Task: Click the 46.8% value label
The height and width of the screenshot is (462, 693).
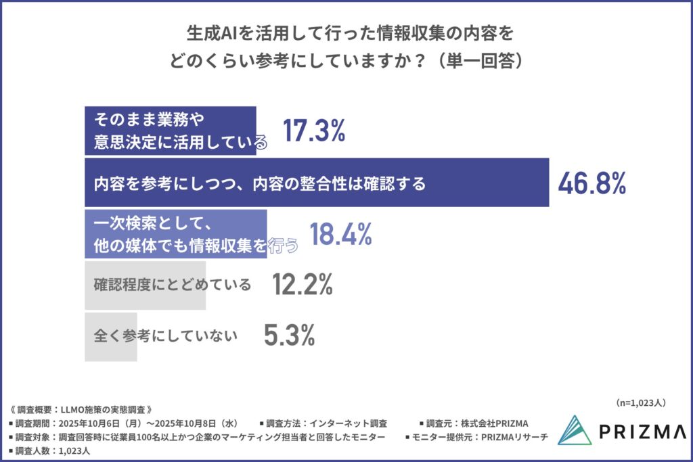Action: point(591,183)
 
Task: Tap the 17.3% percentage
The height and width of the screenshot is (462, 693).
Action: point(313,131)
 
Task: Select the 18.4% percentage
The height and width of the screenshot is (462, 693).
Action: point(341,234)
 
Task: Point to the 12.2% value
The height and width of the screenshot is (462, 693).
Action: point(302,285)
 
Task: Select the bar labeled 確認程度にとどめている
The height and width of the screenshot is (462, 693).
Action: point(145,285)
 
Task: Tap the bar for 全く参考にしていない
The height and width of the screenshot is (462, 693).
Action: point(111,336)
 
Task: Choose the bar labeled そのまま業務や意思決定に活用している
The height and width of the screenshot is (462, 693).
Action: point(170,131)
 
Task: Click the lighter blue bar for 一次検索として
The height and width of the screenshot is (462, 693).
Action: point(175,234)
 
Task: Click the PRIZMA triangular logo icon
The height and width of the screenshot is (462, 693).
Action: point(575,430)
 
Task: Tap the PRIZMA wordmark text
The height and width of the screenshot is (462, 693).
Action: point(642,432)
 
